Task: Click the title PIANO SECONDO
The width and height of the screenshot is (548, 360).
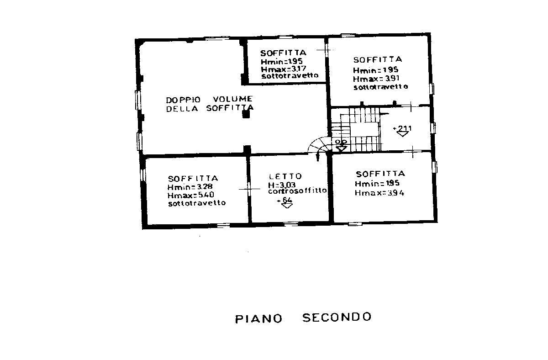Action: (303, 318)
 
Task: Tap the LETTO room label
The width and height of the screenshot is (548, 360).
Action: (285, 176)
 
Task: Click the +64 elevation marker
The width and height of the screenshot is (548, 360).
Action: (287, 201)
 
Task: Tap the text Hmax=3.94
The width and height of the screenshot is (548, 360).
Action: (379, 193)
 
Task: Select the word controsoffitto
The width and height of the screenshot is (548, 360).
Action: (297, 191)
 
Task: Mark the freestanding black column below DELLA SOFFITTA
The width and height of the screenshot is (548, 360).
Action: (246, 115)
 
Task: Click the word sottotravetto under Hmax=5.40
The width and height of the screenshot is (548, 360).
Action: (196, 203)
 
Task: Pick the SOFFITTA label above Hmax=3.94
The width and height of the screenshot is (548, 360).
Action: (380, 174)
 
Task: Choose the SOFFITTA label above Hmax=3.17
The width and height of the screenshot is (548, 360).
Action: (283, 53)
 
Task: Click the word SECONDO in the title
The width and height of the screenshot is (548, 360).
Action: (337, 317)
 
